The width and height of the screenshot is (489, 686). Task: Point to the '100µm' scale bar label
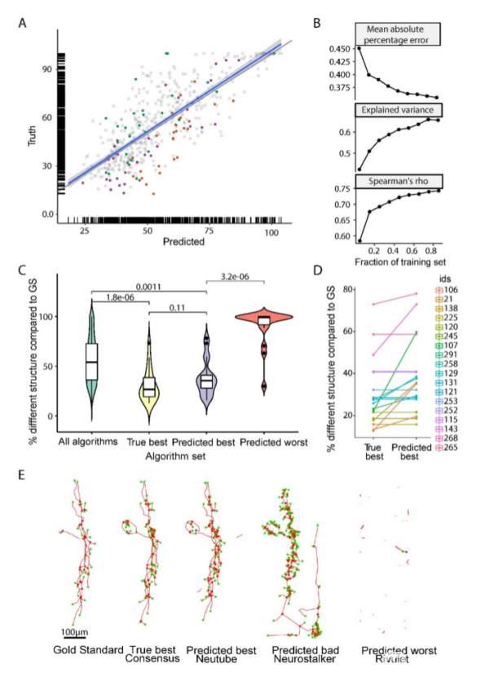(75, 632)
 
